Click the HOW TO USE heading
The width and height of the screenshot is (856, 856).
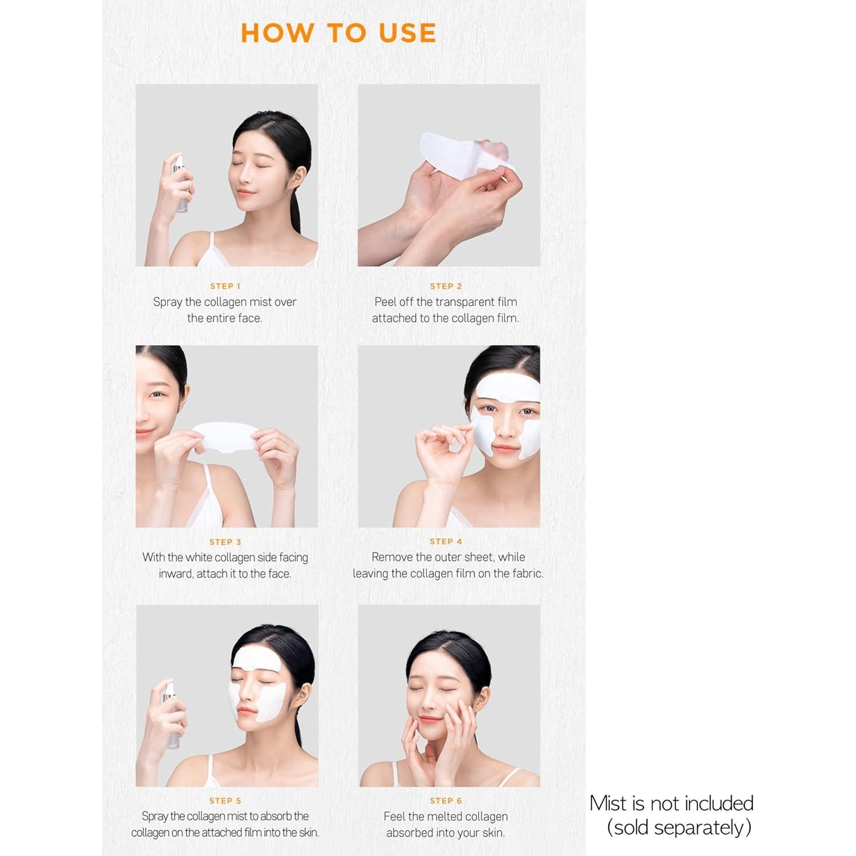pyautogui.click(x=338, y=33)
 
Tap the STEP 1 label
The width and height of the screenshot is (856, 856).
pyautogui.click(x=225, y=286)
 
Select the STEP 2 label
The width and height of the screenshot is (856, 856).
pyautogui.click(x=446, y=286)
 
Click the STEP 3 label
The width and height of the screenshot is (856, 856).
pyautogui.click(x=225, y=542)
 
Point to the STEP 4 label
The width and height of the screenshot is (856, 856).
pyautogui.click(x=446, y=541)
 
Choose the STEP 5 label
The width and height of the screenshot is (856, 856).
pyautogui.click(x=225, y=801)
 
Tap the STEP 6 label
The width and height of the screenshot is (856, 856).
pyautogui.click(x=446, y=801)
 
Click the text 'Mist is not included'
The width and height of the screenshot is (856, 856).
pyautogui.click(x=671, y=803)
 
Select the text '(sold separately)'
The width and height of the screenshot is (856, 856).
pyautogui.click(x=679, y=827)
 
